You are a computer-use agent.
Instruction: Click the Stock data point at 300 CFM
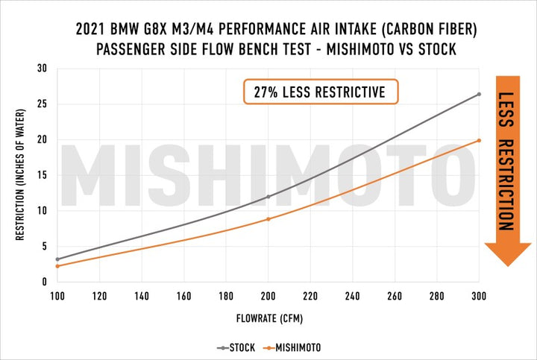point(479,94)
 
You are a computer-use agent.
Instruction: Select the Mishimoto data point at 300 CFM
point(479,140)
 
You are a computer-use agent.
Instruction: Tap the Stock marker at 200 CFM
point(268,197)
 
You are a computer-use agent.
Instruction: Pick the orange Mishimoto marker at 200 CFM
point(268,218)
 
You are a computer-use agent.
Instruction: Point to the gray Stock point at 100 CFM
point(57,259)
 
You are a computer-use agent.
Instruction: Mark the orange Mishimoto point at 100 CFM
point(57,266)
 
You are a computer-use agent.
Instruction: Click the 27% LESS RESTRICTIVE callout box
point(320,92)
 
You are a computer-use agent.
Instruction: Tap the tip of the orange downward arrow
point(507,265)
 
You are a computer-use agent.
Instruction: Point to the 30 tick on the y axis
point(42,69)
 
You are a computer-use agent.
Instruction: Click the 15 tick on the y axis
point(42,175)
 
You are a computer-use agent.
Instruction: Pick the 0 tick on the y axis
point(45,282)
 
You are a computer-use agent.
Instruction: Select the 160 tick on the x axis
point(183,296)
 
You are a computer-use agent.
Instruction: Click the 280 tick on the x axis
point(437,296)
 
